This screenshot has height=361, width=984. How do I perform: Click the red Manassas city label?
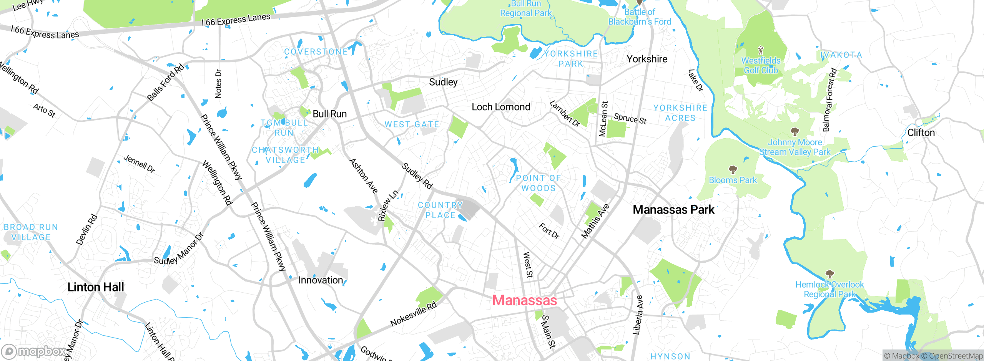[524, 300]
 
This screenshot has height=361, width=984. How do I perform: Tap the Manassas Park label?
[673, 210]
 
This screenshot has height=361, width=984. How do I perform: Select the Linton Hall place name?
[96, 287]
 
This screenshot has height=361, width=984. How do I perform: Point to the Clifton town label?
[921, 133]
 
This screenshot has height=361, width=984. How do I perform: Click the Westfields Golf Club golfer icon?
[760, 50]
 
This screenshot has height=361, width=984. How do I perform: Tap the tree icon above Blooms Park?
[733, 169]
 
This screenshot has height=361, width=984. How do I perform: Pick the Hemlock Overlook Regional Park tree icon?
[829, 274]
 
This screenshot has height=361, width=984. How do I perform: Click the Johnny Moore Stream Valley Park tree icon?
[795, 132]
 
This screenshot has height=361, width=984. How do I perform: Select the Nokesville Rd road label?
[414, 314]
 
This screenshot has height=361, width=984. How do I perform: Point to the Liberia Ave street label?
[638, 315]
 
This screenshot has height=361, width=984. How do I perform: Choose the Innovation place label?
[321, 280]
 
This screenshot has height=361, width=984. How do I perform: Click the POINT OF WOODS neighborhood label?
[538, 183]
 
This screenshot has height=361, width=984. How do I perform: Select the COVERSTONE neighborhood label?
[316, 52]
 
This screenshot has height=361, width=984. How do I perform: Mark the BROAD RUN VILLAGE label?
[31, 232]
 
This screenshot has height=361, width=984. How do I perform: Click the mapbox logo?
[34, 351]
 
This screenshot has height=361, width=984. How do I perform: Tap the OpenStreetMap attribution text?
[956, 356]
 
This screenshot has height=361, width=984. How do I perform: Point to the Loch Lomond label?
[501, 107]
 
